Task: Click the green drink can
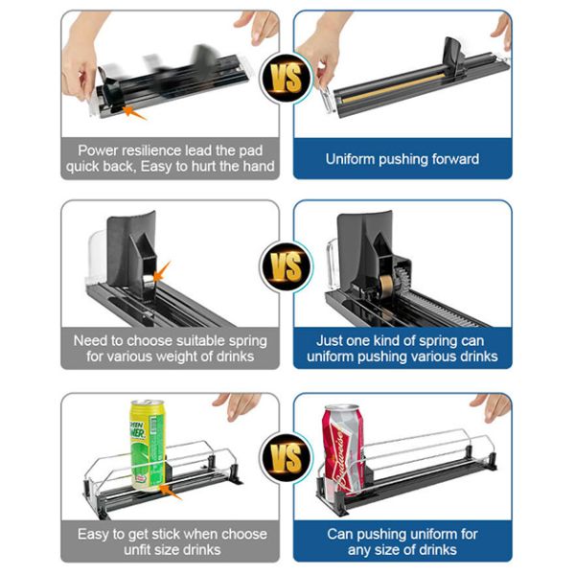148,446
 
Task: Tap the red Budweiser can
343,450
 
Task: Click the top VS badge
287,78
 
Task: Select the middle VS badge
287,266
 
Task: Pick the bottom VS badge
287,458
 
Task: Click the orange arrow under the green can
170,493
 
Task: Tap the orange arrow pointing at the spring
161,272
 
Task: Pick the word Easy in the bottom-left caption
94,534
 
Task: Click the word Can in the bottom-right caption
339,534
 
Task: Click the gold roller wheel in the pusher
386,285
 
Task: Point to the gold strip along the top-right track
395,88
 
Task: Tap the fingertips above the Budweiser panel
492,407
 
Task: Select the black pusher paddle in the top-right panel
453,55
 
